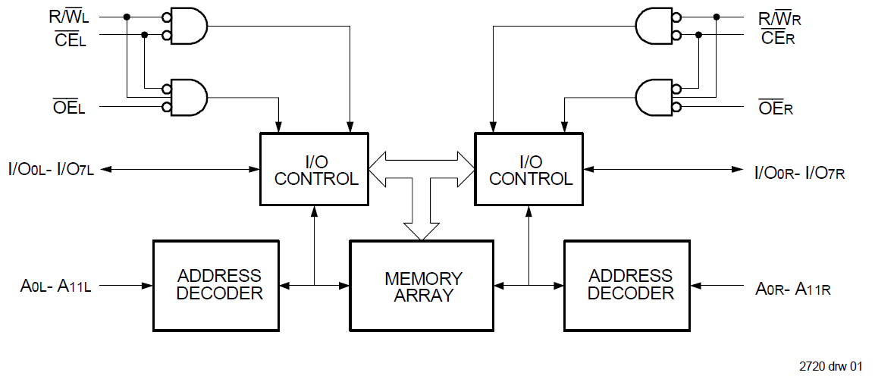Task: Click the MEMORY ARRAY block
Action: (422, 286)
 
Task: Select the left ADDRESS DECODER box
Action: (216, 286)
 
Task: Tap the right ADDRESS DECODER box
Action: (627, 286)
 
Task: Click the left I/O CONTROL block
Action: (314, 169)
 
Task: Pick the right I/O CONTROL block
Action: (529, 169)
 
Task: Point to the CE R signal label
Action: (777, 38)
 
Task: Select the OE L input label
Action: (69, 107)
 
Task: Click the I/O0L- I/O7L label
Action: (51, 169)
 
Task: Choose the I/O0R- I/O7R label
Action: (800, 171)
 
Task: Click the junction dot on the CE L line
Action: (145, 35)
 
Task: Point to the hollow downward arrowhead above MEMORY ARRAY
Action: (422, 231)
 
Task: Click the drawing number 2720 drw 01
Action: (830, 366)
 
